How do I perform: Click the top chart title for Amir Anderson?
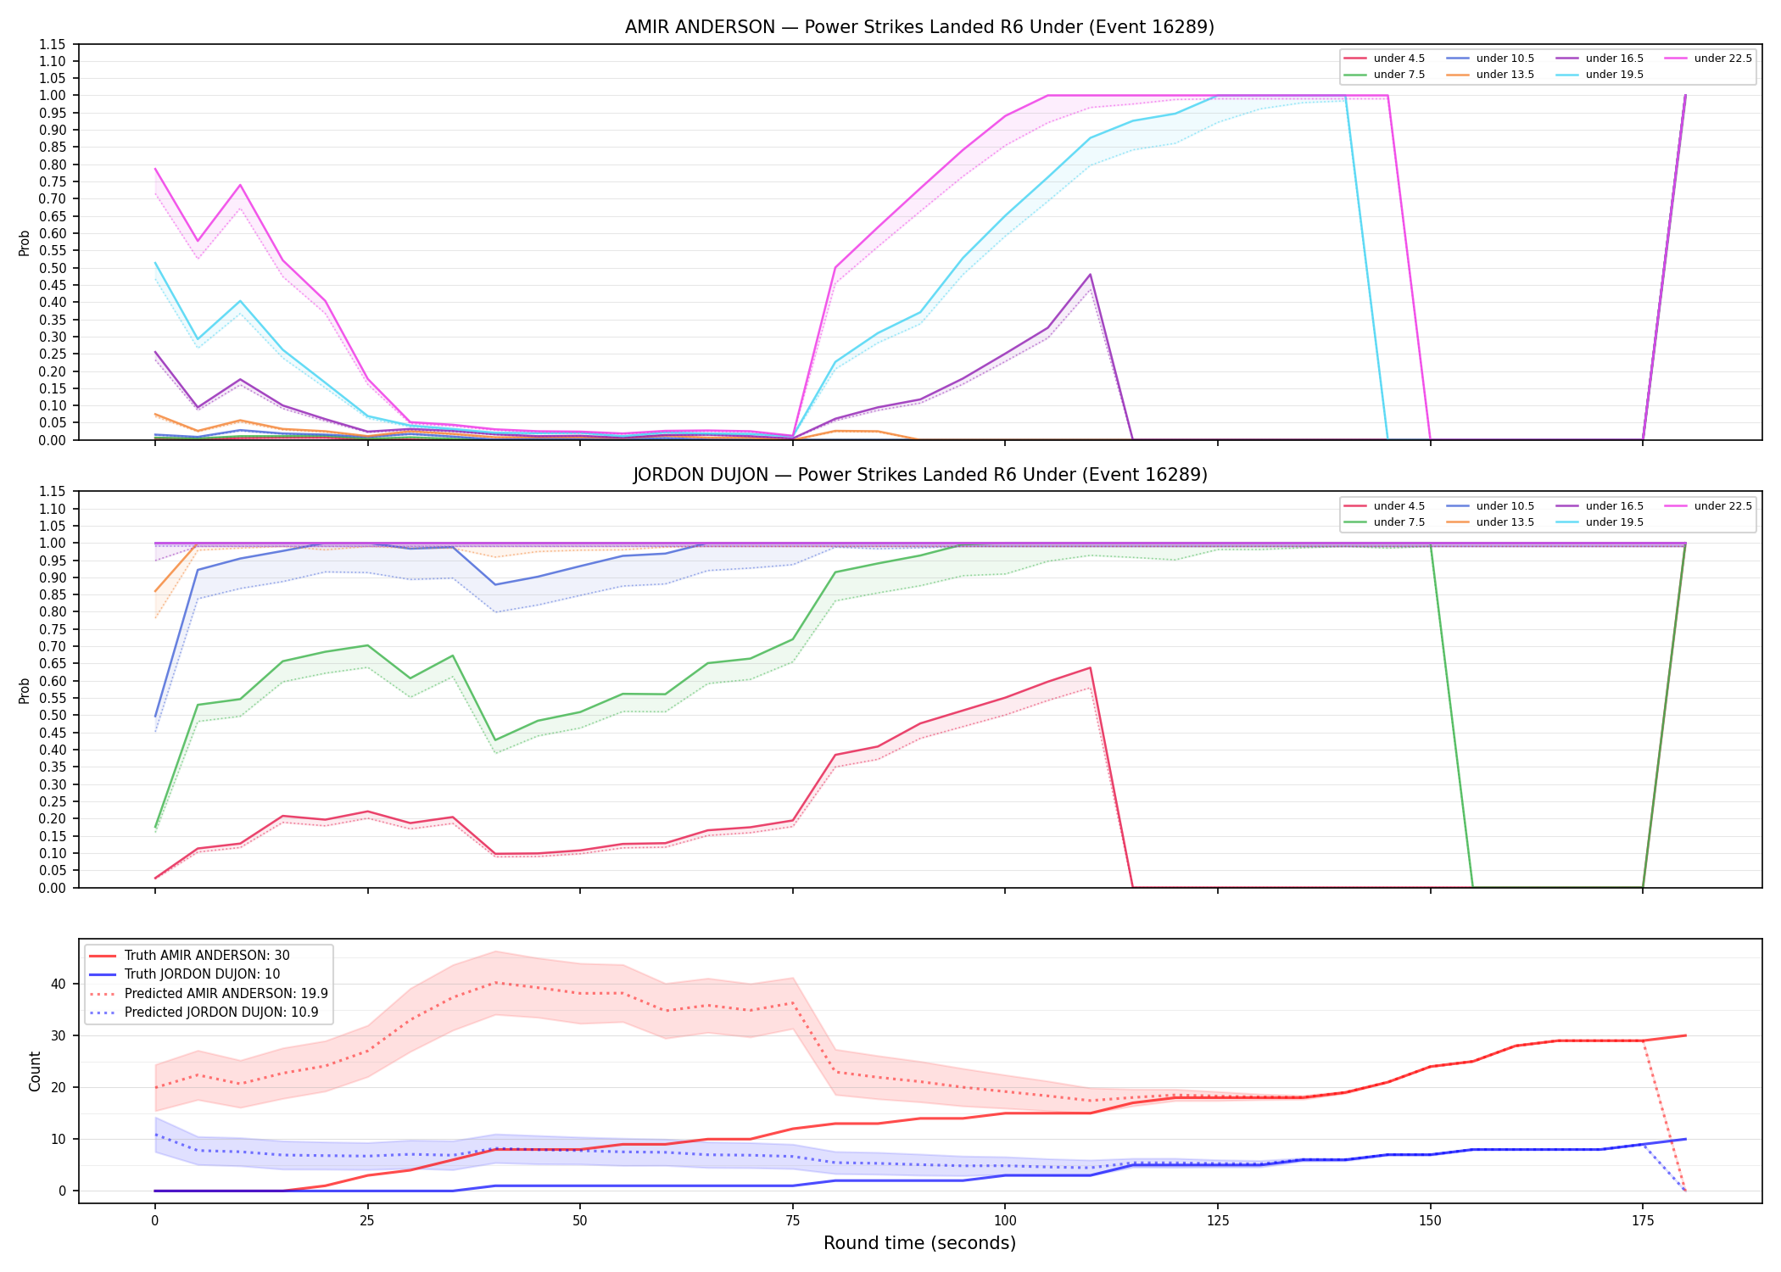(919, 27)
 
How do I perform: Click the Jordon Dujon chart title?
(919, 475)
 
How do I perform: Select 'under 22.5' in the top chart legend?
(1722, 59)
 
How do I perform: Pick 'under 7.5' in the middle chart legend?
(1399, 522)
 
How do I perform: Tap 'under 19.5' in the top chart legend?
(1614, 75)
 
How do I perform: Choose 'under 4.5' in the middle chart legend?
(1399, 506)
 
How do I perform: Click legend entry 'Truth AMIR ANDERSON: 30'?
(207, 956)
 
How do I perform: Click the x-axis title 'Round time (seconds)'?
(919, 1243)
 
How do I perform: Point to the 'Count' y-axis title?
(35, 1071)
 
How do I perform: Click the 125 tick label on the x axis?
(1217, 1221)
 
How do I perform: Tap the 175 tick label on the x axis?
(1643, 1221)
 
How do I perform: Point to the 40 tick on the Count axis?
(59, 984)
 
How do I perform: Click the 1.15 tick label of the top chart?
(53, 44)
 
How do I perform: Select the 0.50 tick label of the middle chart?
(53, 715)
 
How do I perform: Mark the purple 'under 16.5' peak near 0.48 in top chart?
(1090, 275)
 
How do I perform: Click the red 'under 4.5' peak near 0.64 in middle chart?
(1090, 667)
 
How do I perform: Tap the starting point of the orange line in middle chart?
(155, 592)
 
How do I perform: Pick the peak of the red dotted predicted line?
(495, 983)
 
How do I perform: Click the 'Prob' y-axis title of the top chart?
(25, 243)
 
